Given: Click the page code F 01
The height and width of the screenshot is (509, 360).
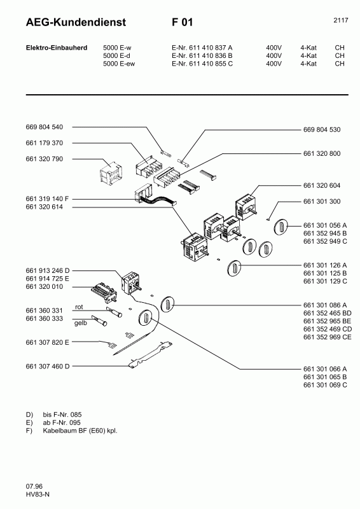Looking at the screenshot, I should [x=182, y=23].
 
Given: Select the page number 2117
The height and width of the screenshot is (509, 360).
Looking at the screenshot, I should [x=340, y=20].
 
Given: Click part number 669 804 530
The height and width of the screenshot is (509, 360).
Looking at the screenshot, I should [x=321, y=129].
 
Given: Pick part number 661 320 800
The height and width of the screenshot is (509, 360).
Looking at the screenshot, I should [x=321, y=153].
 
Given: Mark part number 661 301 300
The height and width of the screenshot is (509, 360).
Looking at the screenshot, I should [x=321, y=202].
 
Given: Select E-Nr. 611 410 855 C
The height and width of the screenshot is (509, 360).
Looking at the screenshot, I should [x=202, y=64].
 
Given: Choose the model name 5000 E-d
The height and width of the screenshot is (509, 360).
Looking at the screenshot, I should [x=117, y=55].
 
